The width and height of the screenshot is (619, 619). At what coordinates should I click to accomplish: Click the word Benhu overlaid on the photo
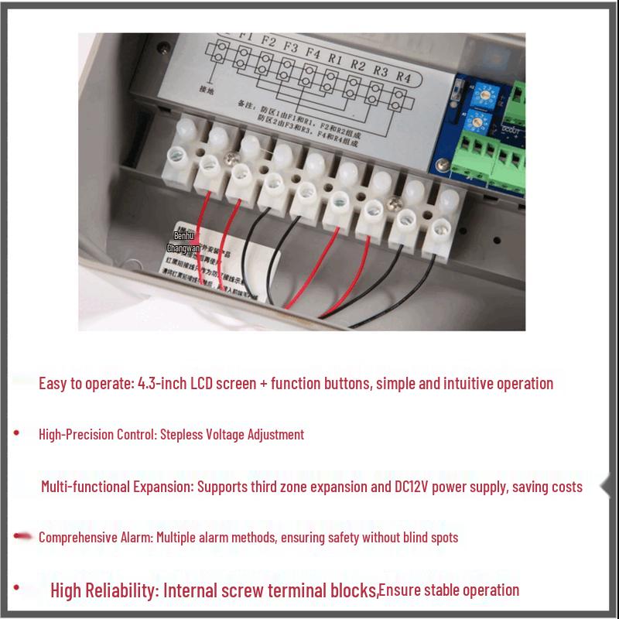pyautogui.click(x=183, y=234)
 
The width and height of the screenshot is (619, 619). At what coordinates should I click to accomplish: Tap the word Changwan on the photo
pyautogui.click(x=183, y=248)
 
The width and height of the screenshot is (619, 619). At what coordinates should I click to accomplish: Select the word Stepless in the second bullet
pyautogui.click(x=180, y=434)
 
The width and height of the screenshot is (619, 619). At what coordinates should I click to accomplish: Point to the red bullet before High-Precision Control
pyautogui.click(x=17, y=432)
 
